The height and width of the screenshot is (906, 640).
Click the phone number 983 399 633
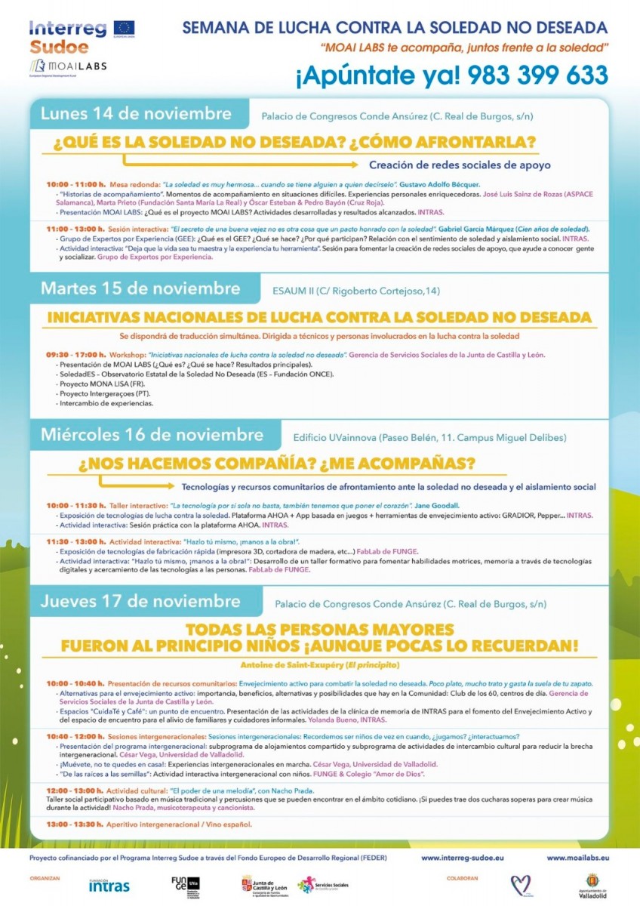[x=538, y=75]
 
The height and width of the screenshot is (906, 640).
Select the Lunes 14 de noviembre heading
[x=136, y=114]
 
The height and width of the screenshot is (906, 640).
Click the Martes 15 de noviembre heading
[x=140, y=288]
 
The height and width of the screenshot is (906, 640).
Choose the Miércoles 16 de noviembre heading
[x=152, y=436]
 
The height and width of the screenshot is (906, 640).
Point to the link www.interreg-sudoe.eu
[x=462, y=858]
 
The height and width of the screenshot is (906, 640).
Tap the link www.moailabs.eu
[x=577, y=858]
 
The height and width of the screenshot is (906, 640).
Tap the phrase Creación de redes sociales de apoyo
[x=460, y=165]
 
